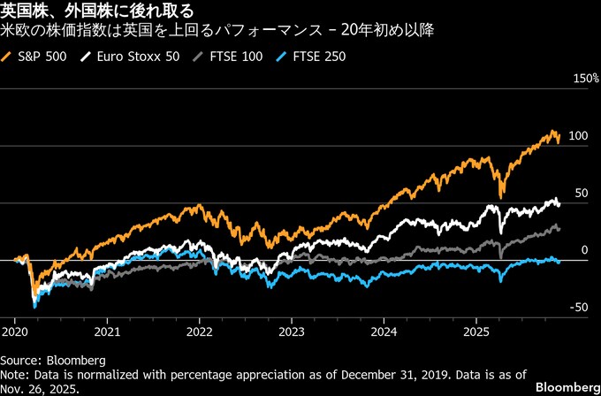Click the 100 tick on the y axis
tap(579, 136)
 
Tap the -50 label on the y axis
tap(579, 308)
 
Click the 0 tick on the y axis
tap(584, 251)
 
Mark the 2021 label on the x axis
tap(107, 333)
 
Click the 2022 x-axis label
tap(200, 333)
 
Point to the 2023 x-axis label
tap(292, 333)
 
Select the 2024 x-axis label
tap(384, 333)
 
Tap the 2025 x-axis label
tap(476, 333)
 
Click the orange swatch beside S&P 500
tap(9, 57)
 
